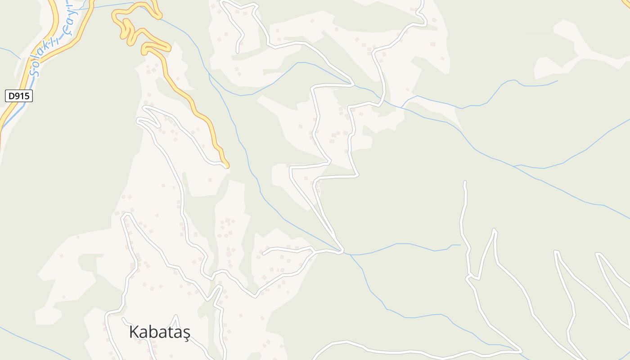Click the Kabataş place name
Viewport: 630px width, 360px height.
(x=160, y=333)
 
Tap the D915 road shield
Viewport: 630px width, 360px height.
(x=19, y=96)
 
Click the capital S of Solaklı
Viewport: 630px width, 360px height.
(x=33, y=71)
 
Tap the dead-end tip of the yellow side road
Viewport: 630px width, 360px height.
(x=227, y=167)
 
